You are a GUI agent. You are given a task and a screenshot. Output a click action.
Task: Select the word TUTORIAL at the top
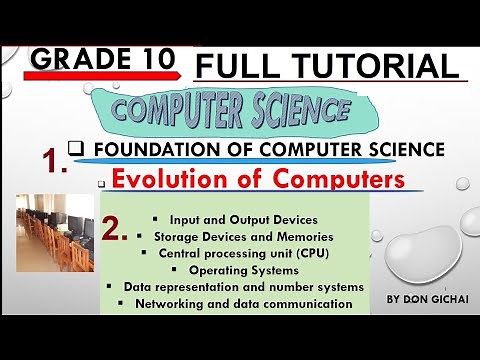[x=376, y=67]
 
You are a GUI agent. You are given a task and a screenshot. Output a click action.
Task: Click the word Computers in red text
[x=315, y=180]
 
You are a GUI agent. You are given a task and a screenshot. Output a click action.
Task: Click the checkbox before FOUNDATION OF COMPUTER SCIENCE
[x=74, y=148]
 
